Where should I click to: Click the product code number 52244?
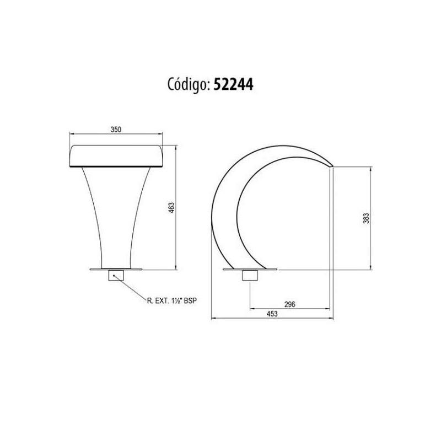point(233,84)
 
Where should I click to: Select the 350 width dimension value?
point(116,130)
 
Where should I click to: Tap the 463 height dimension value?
point(171,208)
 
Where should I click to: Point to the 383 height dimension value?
point(366,218)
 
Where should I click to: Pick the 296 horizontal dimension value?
point(290,304)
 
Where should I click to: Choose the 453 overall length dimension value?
point(272,314)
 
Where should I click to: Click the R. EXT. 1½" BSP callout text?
point(172,300)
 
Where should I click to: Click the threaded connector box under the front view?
point(116,275)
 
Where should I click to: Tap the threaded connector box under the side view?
point(250,275)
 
